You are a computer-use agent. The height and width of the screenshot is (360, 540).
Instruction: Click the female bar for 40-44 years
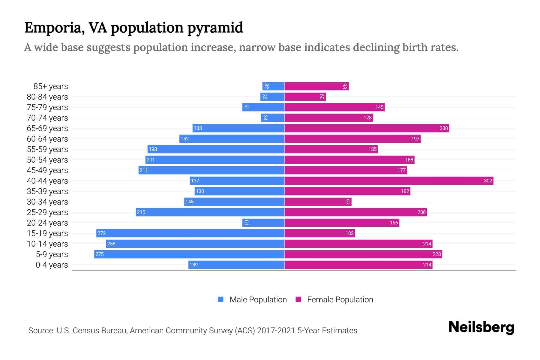(389, 181)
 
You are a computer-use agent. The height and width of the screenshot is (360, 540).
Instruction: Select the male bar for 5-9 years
(189, 254)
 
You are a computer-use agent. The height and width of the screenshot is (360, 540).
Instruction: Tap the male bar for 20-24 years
(263, 223)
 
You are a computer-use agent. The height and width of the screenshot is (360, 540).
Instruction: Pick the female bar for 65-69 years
(367, 128)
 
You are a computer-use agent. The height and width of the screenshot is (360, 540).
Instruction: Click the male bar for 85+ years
(273, 86)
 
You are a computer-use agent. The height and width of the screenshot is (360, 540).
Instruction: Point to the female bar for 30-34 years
(318, 202)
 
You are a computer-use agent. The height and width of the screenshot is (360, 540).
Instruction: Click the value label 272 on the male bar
(101, 233)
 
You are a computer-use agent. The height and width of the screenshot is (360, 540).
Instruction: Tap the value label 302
(488, 181)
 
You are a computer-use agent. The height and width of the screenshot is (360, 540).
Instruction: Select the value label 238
(443, 128)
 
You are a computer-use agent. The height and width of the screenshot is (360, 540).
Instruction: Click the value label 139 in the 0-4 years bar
(193, 265)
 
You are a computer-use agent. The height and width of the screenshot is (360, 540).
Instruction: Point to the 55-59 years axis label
(47, 149)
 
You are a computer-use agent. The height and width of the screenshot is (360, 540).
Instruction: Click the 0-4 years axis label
(52, 265)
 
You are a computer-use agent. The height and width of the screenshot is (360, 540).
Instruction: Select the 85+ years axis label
(51, 86)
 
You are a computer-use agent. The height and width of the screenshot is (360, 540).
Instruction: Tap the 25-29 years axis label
(47, 212)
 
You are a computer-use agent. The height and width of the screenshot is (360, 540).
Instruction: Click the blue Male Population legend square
(221, 299)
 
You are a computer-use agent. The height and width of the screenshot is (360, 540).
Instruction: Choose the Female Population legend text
(340, 299)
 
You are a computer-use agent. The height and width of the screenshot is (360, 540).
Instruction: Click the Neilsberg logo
(481, 327)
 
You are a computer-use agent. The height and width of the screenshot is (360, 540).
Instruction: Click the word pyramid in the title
(215, 28)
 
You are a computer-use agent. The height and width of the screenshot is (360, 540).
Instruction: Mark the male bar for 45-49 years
(211, 170)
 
